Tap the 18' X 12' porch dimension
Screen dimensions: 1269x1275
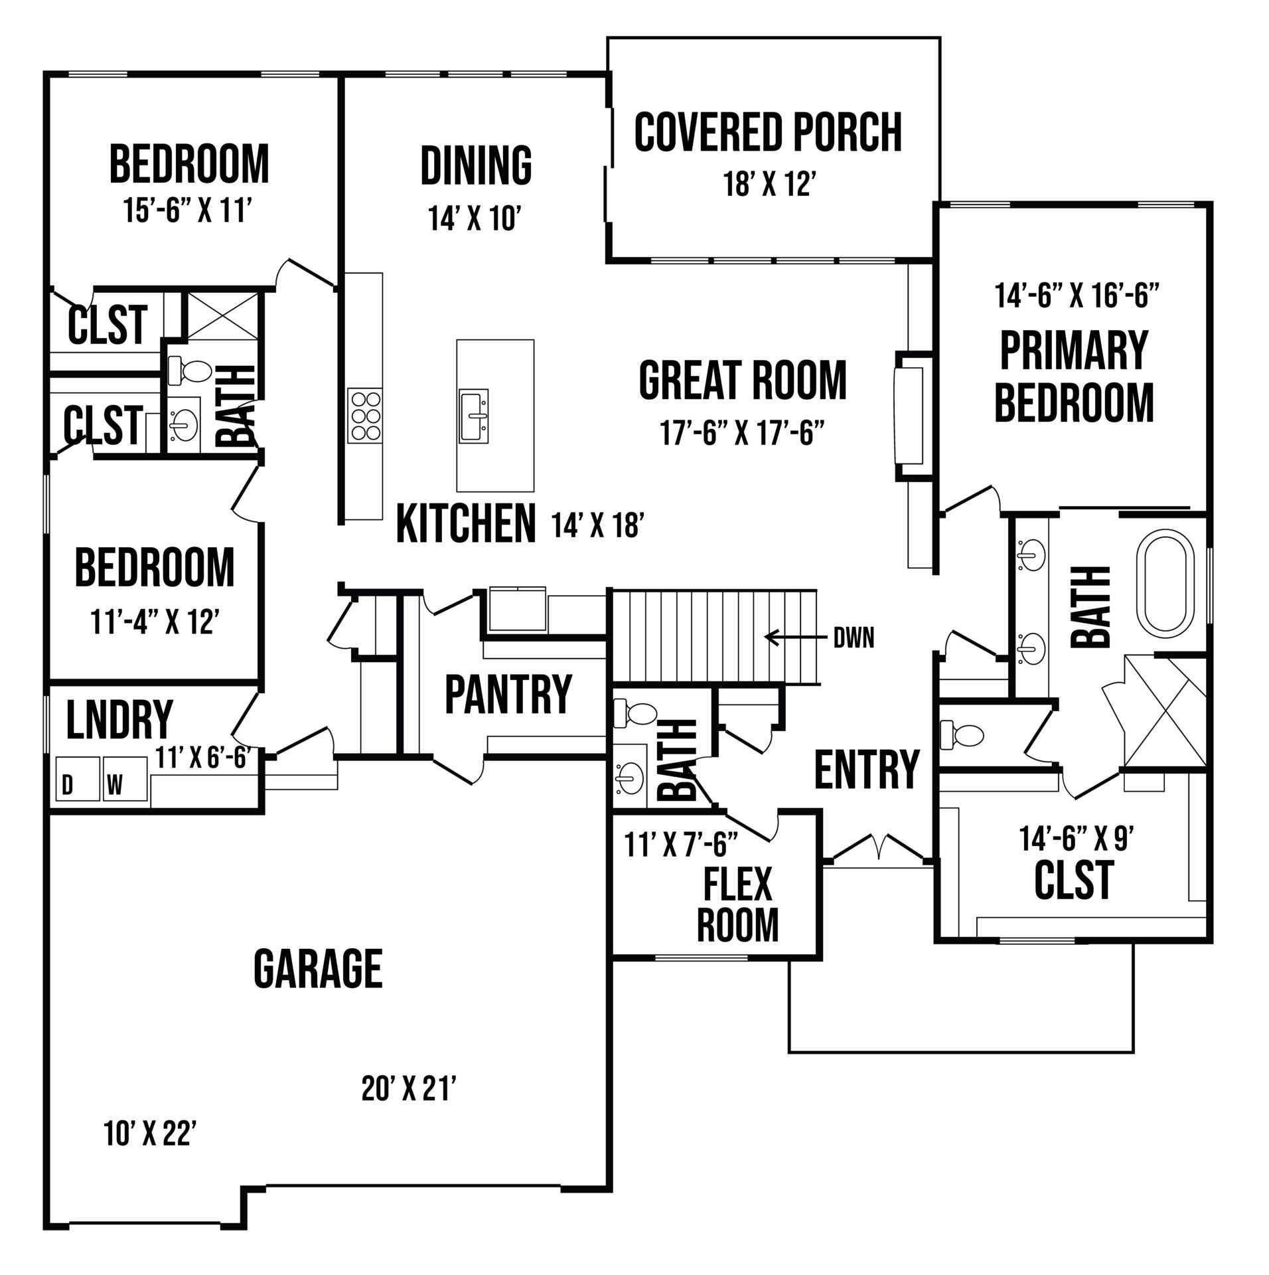[769, 185]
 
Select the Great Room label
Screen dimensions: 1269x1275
[743, 380]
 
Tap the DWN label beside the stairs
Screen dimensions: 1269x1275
[854, 638]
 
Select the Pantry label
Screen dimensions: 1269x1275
[508, 694]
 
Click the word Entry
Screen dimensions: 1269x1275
[867, 768]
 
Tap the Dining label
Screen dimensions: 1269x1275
[477, 165]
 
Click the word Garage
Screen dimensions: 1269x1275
[318, 969]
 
